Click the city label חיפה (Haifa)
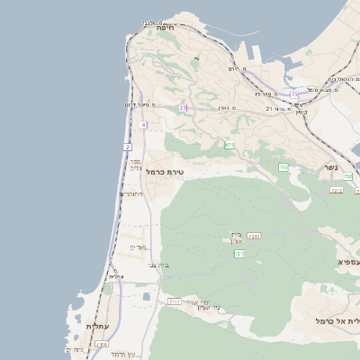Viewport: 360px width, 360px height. coord(164,28)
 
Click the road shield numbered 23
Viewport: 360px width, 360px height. coord(183,108)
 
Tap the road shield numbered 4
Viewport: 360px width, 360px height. coord(143,124)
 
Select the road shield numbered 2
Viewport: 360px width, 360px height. coord(127,147)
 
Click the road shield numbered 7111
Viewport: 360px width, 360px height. coord(174,301)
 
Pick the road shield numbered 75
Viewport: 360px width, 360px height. coord(294,94)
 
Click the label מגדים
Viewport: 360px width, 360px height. coord(138,247)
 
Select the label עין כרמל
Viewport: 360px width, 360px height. coord(122,354)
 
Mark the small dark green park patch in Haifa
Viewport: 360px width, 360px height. coord(195,59)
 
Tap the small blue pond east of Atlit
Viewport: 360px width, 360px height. coord(146,295)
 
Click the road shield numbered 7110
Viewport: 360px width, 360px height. coord(102,344)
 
